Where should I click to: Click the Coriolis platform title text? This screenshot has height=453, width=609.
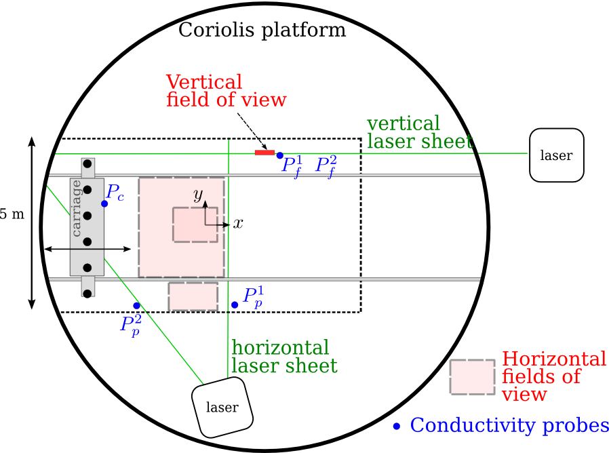click(x=262, y=31)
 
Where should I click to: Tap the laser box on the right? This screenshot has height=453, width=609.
click(x=556, y=155)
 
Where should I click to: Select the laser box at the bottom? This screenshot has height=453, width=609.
click(x=222, y=408)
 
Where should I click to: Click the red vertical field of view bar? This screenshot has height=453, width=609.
click(x=264, y=153)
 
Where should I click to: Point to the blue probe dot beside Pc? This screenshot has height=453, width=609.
click(x=104, y=203)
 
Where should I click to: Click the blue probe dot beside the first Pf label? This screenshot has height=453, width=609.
click(x=279, y=155)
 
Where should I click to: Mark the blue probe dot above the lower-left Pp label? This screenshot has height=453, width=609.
click(x=136, y=306)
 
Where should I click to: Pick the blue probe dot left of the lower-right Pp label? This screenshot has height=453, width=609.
click(x=235, y=304)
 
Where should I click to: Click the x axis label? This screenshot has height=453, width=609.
click(x=238, y=224)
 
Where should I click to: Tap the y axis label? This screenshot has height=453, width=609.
click(x=198, y=195)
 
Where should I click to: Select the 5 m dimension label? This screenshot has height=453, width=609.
click(x=12, y=215)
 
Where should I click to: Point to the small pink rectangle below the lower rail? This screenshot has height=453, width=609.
click(x=193, y=296)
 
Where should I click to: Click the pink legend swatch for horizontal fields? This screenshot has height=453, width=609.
click(x=472, y=377)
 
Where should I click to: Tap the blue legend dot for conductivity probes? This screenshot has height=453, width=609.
click(x=397, y=427)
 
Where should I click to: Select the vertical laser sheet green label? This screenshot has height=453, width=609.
click(x=419, y=132)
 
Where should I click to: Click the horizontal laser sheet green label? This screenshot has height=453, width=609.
click(x=283, y=357)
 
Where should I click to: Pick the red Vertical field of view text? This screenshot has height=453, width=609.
click(x=226, y=91)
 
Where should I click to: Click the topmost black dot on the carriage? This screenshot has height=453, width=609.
click(x=87, y=164)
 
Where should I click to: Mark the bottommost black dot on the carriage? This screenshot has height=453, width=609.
click(x=87, y=294)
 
